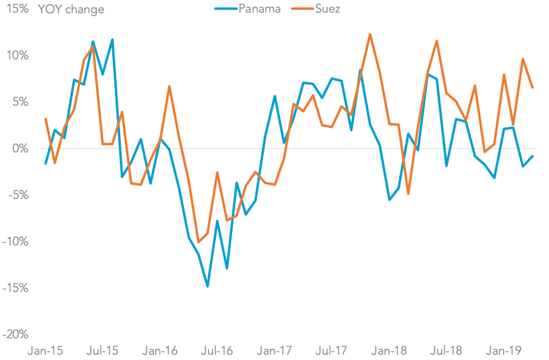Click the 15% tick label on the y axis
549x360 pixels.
click(x=17, y=9)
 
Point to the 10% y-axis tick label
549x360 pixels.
click(x=17, y=56)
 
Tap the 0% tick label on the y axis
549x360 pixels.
click(x=20, y=149)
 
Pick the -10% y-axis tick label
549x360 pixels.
click(x=15, y=242)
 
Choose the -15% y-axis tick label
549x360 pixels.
click(x=15, y=288)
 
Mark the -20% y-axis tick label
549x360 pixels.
click(x=15, y=335)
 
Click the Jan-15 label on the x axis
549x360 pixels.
click(x=45, y=350)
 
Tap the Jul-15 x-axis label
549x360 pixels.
click(x=103, y=350)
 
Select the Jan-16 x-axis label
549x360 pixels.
click(x=160, y=350)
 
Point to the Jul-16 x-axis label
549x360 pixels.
click(x=217, y=350)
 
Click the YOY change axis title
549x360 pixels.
click(x=71, y=9)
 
